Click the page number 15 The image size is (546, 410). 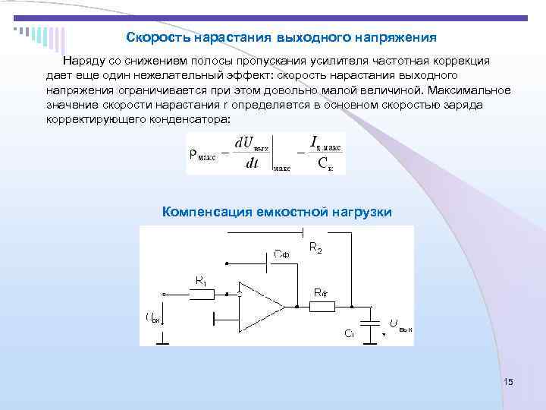click(x=508, y=382)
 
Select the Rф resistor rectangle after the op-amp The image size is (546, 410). click(x=323, y=307)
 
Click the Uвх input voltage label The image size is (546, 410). click(x=152, y=317)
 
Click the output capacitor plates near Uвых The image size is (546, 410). click(x=370, y=323)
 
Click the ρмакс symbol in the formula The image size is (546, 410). click(x=202, y=155)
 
